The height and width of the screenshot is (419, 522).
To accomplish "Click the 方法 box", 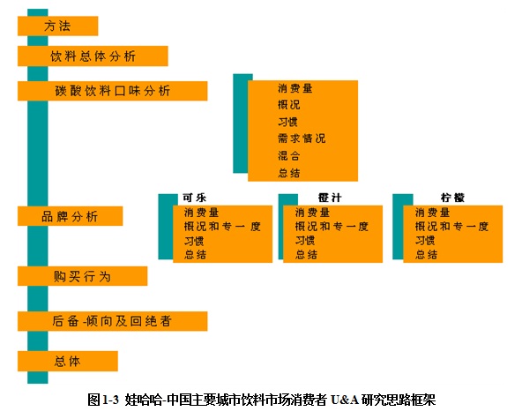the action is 57,26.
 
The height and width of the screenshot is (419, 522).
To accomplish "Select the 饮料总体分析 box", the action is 93,56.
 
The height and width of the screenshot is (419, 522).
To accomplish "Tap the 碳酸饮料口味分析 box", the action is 113,91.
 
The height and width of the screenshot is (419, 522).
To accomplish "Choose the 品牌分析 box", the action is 70,216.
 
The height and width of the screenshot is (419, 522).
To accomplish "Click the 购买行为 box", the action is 82,276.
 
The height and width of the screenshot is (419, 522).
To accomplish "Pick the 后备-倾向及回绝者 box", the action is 113,321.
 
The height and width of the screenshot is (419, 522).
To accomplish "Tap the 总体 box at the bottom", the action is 68,361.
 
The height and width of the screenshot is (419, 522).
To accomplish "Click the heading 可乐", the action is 194,198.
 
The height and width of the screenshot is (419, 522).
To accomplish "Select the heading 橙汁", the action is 330,198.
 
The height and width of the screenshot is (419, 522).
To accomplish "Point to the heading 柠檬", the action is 452,198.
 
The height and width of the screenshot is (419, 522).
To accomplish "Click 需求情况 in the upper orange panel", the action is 302,138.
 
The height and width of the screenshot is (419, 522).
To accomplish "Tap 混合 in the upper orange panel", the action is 289,155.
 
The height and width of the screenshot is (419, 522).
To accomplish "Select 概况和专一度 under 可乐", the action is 222,227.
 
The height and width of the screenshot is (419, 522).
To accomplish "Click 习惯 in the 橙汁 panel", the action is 305,241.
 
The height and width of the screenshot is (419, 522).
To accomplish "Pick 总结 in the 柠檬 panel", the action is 426,255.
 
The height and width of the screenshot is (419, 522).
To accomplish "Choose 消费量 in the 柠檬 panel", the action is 432,213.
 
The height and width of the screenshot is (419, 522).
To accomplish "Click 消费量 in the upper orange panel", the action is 295,88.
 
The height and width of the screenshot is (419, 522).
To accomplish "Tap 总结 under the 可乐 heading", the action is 195,255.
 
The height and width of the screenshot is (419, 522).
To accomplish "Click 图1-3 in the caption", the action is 103,400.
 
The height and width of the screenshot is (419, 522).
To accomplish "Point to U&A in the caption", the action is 345,400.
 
